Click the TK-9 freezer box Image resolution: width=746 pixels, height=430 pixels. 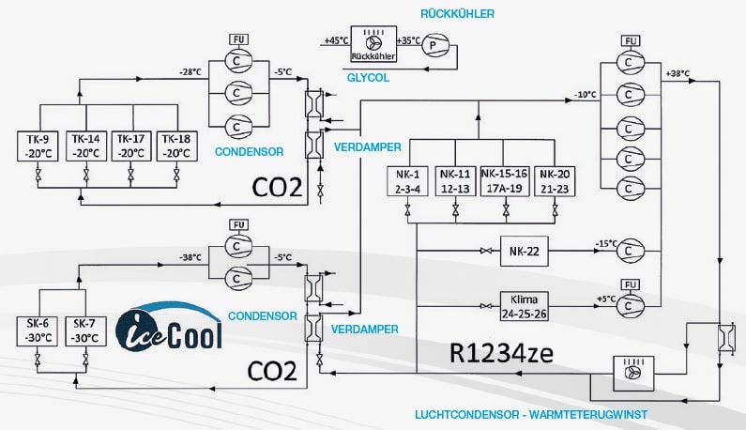pyautogui.click(x=37, y=146)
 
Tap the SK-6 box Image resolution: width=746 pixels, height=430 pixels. pyautogui.click(x=37, y=331)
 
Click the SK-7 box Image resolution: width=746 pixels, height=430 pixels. pyautogui.click(x=81, y=331)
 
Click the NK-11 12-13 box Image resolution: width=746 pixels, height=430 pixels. pyautogui.click(x=455, y=181)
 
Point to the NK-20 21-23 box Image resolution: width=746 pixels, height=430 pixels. pyautogui.click(x=551, y=181)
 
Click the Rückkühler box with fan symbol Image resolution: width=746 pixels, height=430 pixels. pyautogui.click(x=373, y=48)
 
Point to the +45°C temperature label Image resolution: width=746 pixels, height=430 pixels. pyautogui.click(x=334, y=41)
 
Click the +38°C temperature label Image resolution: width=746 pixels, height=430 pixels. pyautogui.click(x=677, y=73)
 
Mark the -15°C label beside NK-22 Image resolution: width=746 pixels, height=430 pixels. pyautogui.click(x=605, y=244)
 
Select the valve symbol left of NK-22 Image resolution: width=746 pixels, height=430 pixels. pyautogui.click(x=486, y=251)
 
